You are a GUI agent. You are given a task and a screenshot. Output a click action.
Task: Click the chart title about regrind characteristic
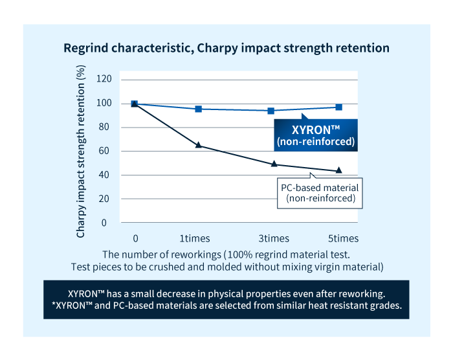pyautogui.click(x=226, y=48)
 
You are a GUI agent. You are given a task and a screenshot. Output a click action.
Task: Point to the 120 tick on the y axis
pyautogui.click(x=104, y=79)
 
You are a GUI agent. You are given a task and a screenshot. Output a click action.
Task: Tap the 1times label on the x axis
pyautogui.click(x=194, y=238)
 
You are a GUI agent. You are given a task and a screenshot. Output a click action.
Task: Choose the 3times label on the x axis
pyautogui.click(x=274, y=238)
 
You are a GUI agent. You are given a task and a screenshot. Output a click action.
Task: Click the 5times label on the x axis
pyautogui.click(x=342, y=238)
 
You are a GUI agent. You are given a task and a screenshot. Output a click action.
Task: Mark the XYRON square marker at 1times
pyautogui.click(x=198, y=109)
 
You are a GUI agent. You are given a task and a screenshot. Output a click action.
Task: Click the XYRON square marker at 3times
pyautogui.click(x=271, y=111)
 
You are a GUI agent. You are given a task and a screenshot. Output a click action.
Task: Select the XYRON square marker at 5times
pyautogui.click(x=339, y=107)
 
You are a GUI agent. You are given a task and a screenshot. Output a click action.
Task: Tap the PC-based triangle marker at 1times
pyautogui.click(x=198, y=145)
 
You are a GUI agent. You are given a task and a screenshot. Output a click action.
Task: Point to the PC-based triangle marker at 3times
pyautogui.click(x=274, y=164)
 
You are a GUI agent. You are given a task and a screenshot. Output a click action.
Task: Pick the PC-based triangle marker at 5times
pyautogui.click(x=339, y=170)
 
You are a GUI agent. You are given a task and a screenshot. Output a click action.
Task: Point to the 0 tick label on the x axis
pyautogui.click(x=135, y=238)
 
